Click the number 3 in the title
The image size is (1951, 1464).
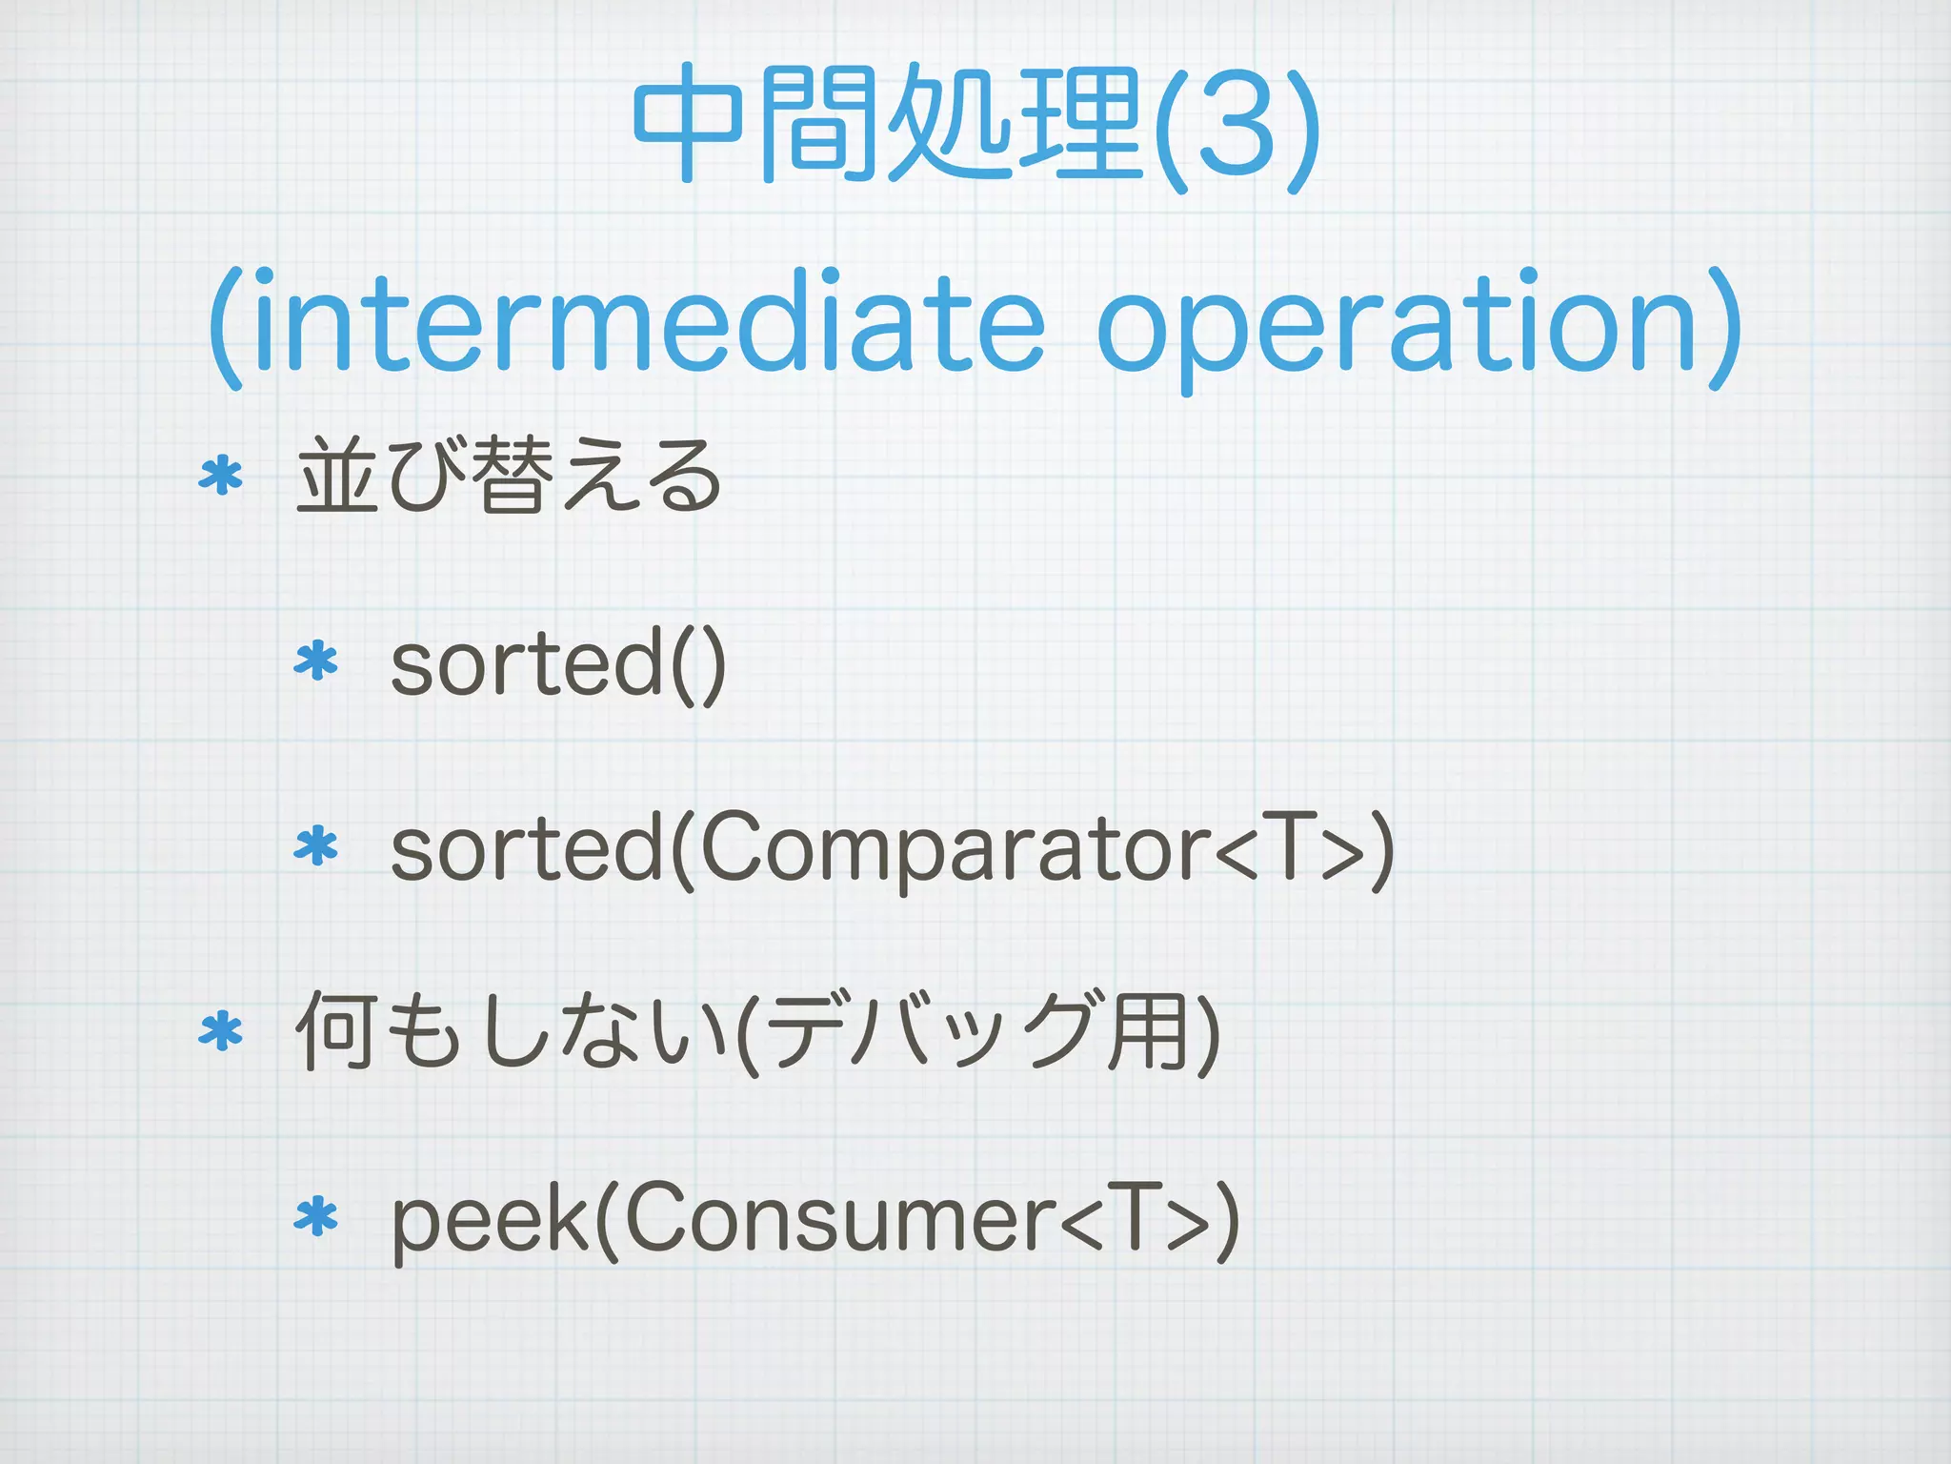point(1236,126)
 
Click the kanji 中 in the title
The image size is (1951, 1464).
point(688,124)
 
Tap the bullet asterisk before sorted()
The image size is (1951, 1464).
point(316,661)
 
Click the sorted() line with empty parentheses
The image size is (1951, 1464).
point(558,661)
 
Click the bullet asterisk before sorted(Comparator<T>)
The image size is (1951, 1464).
point(316,846)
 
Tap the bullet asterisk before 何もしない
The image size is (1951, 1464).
point(221,1031)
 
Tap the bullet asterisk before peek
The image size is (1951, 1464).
point(316,1218)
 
